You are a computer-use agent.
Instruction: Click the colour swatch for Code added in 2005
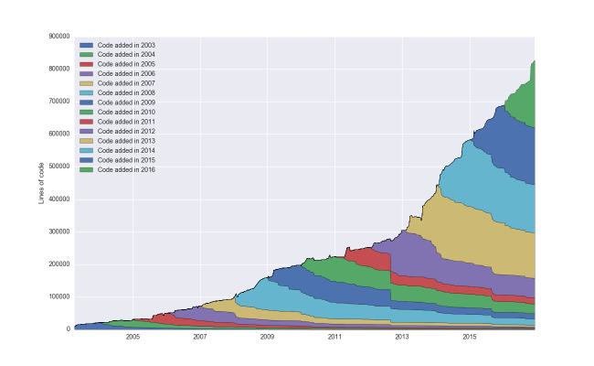[86, 64]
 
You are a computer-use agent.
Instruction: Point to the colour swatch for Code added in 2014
[86, 150]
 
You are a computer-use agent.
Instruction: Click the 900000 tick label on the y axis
[58, 37]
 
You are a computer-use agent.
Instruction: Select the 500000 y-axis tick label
[58, 167]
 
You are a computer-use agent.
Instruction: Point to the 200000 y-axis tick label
[58, 264]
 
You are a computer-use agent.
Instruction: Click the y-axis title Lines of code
[42, 183]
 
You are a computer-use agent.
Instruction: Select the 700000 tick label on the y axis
[58, 102]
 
